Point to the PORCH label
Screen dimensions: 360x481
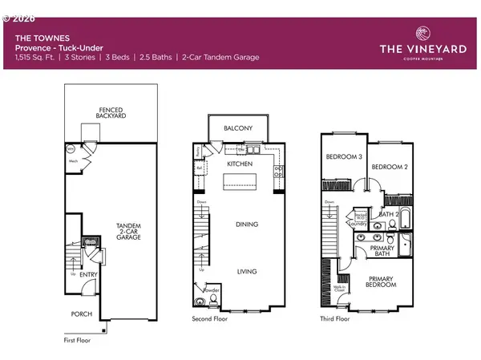[x=81, y=313]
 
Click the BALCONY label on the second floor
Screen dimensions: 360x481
[x=238, y=128]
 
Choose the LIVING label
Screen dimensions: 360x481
[x=246, y=272]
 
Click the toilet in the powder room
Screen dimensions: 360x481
[x=200, y=301]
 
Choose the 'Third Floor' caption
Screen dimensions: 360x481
[x=335, y=318]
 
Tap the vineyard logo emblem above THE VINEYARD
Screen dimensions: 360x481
[x=422, y=33]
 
